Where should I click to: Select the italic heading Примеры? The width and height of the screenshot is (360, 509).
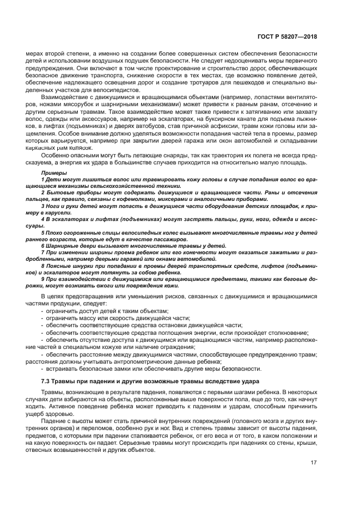coord(52,173)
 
